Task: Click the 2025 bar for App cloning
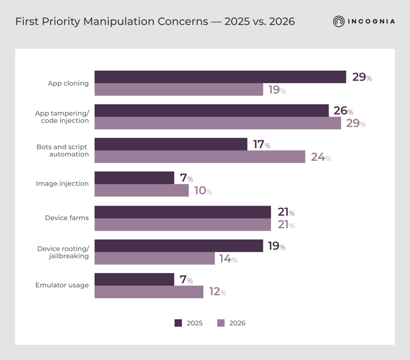tap(220, 77)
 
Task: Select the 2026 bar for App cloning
tap(179, 90)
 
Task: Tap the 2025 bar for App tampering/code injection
tap(212, 111)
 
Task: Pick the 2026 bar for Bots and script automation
tap(200, 157)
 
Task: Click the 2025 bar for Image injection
tap(134, 177)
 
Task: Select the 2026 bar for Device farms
tap(182, 225)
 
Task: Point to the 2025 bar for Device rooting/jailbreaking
tap(179, 246)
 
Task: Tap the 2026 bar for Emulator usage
tap(149, 292)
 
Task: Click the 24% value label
tap(321, 157)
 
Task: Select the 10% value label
tap(203, 191)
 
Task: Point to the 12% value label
tap(217, 292)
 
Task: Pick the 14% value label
tap(228, 259)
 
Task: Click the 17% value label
tap(261, 145)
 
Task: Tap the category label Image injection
tap(62, 184)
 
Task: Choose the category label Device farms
tap(67, 217)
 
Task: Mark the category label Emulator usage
tap(62, 285)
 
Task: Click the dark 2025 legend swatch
tap(178, 323)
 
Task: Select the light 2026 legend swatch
tap(221, 323)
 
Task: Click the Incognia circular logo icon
tap(339, 22)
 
